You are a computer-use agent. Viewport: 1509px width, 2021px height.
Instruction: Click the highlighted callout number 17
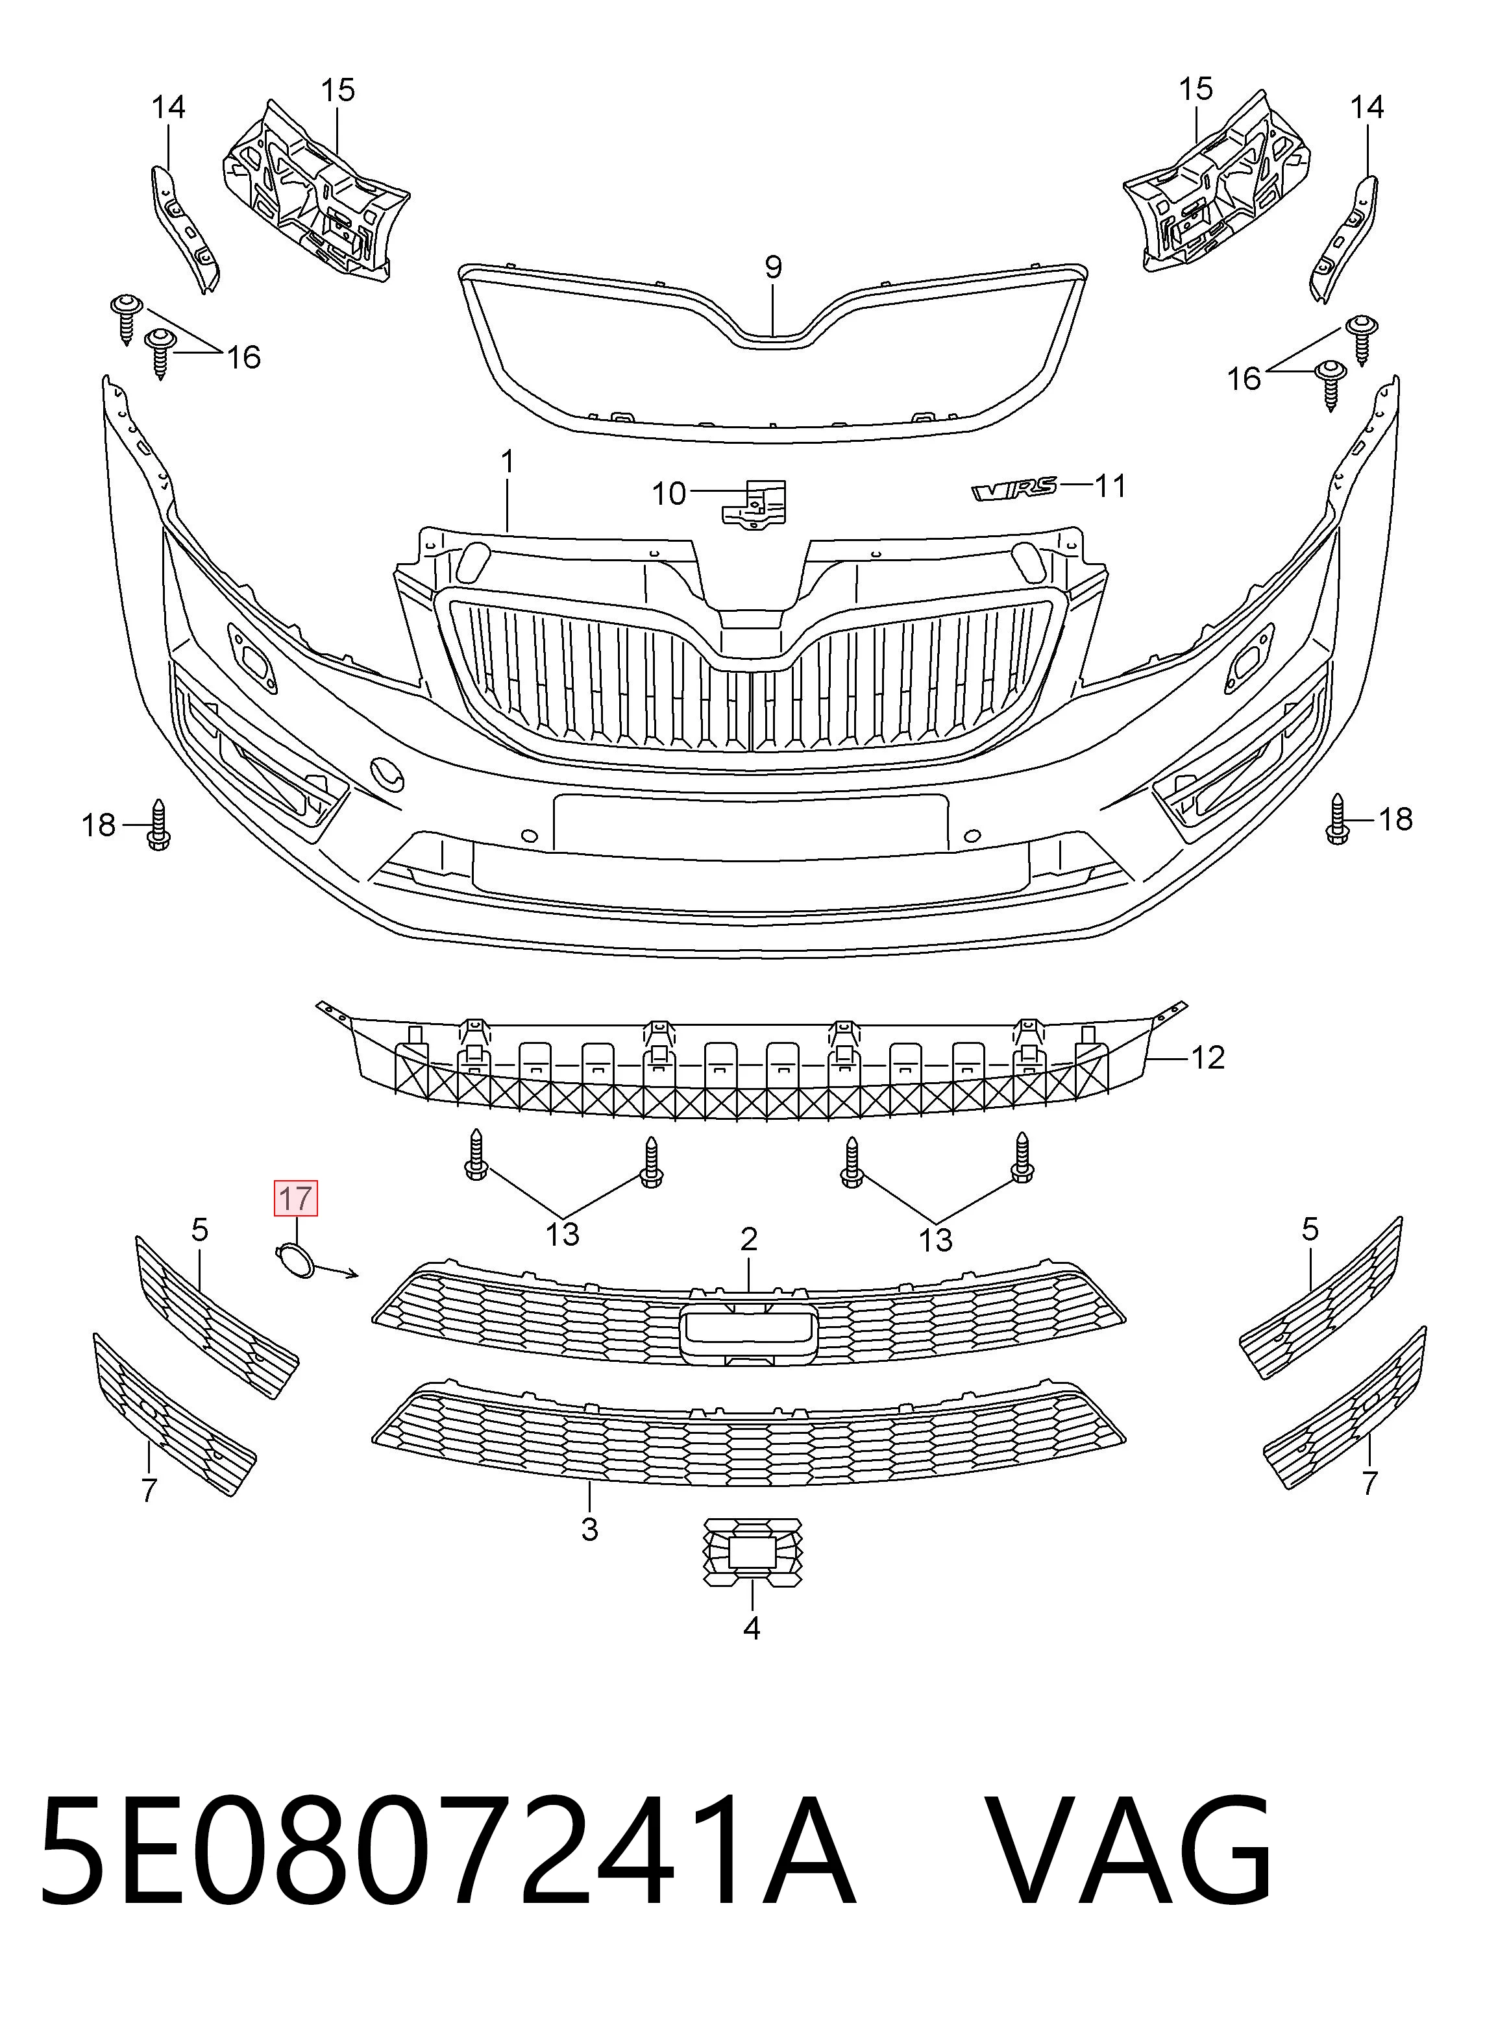[x=296, y=1198]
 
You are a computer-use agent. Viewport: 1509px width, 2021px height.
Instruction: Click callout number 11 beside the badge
[x=1110, y=486]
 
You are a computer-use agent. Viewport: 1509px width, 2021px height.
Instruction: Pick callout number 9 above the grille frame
[x=773, y=267]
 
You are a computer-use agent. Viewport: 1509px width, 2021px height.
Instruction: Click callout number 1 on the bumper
[x=507, y=461]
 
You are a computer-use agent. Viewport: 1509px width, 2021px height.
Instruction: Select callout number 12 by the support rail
[x=1208, y=1058]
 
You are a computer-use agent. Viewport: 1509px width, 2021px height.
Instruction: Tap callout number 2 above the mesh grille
[x=749, y=1239]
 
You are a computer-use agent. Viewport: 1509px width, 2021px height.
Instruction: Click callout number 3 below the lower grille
[x=589, y=1530]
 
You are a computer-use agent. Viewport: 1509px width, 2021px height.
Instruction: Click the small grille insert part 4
[x=752, y=1553]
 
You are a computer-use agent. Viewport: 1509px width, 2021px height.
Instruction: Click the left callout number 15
[x=337, y=90]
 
